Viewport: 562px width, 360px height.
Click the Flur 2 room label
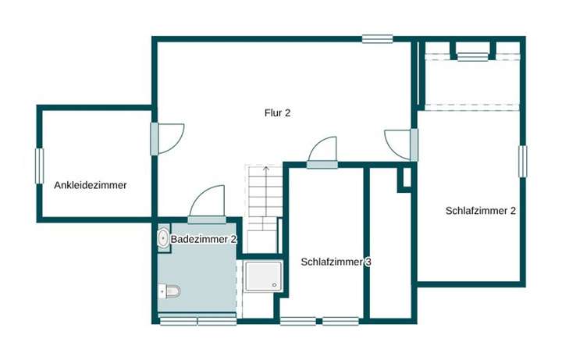point(277,113)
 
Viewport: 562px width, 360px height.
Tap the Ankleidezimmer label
point(91,186)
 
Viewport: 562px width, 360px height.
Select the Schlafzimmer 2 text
point(481,210)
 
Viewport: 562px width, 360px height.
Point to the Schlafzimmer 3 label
point(336,262)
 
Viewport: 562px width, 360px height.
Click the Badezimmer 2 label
point(204,239)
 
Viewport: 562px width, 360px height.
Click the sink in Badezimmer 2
point(163,238)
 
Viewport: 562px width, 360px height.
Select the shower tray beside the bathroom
point(262,276)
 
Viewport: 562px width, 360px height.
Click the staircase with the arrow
point(263,207)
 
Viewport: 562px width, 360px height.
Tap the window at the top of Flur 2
point(377,38)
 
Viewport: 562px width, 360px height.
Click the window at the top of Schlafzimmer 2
point(471,55)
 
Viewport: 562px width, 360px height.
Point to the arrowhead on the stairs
point(265,168)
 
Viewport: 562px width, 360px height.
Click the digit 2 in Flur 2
point(287,113)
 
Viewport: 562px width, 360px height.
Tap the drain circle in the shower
point(274,285)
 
